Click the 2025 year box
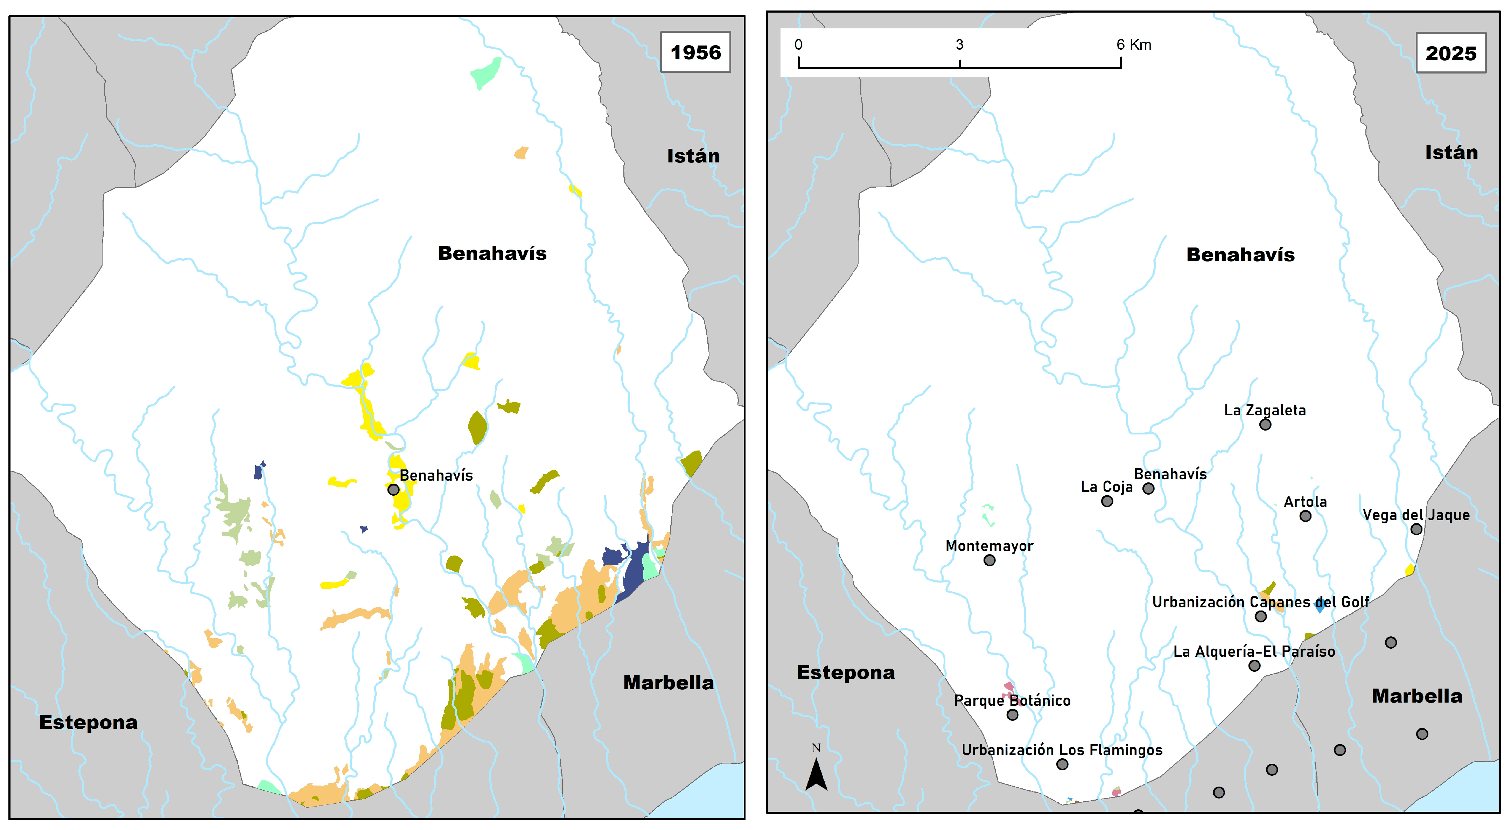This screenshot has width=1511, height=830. tap(1450, 53)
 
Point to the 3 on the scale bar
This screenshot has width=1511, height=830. tap(960, 44)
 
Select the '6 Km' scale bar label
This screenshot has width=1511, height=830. tap(1133, 44)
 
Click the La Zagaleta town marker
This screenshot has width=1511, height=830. tap(1265, 424)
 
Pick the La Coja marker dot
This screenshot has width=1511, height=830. tap(1107, 501)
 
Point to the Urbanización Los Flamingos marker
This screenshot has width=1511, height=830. tap(1062, 764)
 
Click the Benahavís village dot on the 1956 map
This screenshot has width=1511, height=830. tap(393, 489)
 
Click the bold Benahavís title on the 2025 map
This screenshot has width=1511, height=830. tap(1240, 254)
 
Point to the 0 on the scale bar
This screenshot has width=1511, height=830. tap(798, 44)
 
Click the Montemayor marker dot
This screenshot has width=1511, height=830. tap(989, 560)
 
